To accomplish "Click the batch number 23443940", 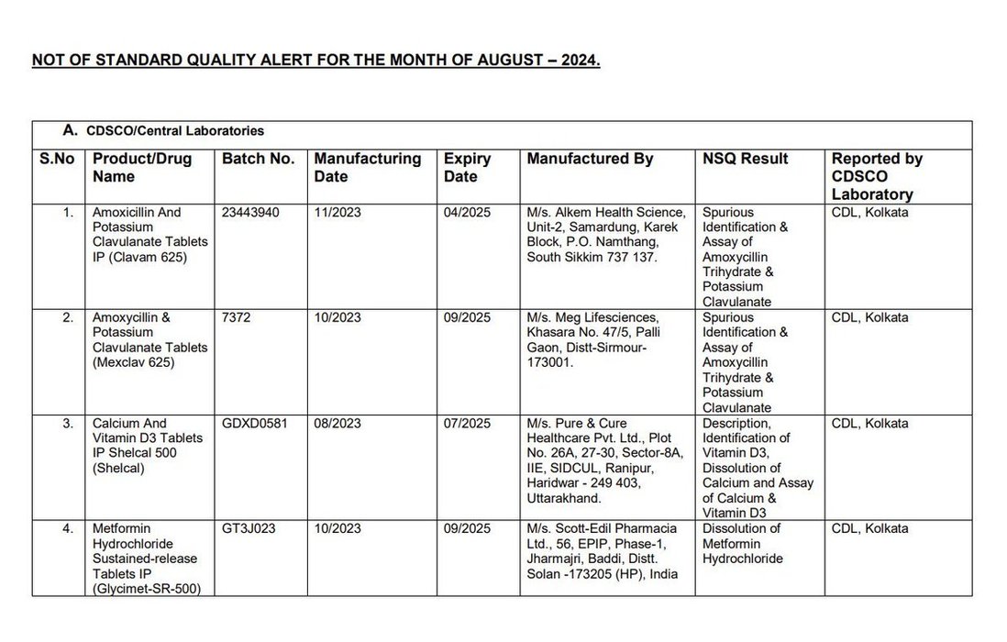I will pos(250,212).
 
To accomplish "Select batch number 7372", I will pos(236,317).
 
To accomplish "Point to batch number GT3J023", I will pos(248,528).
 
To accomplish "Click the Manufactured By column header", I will pos(590,159).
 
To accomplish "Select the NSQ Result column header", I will pos(745,159).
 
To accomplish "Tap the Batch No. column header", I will pos(258,159).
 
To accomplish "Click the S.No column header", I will pos(57,159).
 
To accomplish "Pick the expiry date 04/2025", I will pos(468,212).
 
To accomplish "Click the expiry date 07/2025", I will pos(468,423).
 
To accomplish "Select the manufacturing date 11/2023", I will pos(338,212).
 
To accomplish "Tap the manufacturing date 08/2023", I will pos(338,423).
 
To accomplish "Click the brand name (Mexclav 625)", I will pos(133,362).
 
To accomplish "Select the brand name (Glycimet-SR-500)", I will pos(147,588).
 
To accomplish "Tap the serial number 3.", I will pos(67,423).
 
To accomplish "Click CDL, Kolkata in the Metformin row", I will pos(869,528).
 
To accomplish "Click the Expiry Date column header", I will pos(467,167).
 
